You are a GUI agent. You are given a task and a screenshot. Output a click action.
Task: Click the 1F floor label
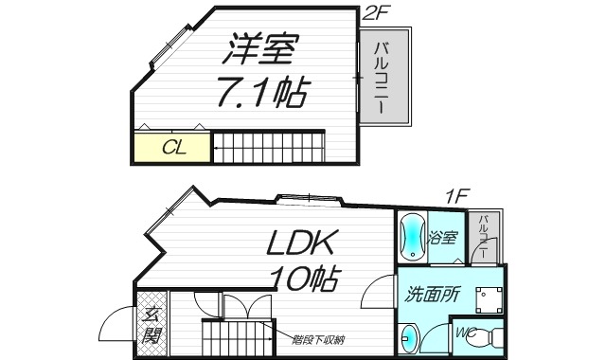coord(457,197)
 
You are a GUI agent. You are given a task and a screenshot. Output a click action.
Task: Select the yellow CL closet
coord(171,148)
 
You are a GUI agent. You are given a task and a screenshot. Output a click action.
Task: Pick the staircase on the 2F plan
coord(268,147)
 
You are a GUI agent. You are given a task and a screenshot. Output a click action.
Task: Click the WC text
coord(464,333)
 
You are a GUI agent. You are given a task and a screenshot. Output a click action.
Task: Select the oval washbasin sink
coord(408,339)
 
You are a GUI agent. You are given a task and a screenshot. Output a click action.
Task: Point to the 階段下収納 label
coord(317,335)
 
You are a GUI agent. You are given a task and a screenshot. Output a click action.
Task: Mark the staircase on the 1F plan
coord(237,339)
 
